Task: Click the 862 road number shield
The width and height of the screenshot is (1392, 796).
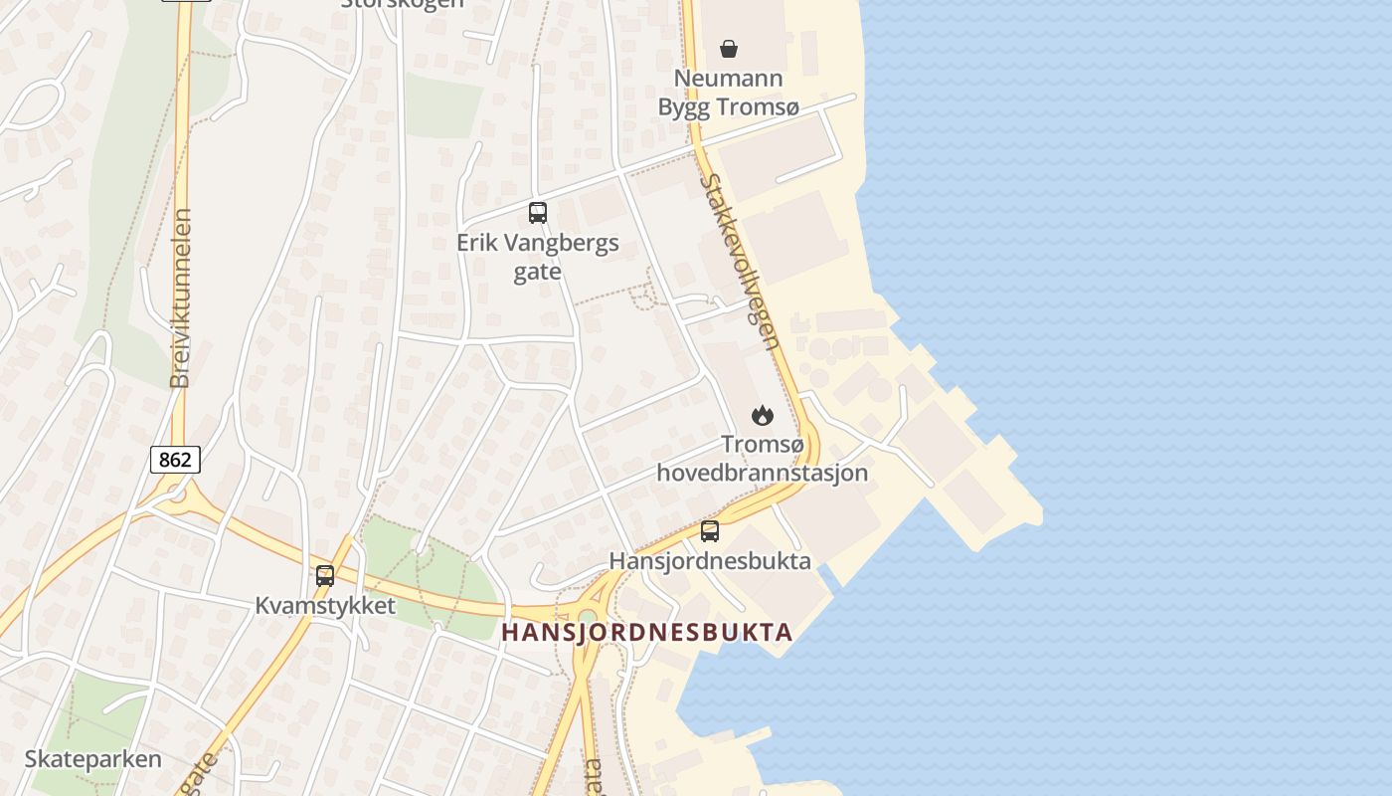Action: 176,460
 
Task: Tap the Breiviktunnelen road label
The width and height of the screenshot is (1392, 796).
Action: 180,298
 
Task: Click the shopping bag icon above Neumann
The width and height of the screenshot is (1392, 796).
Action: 729,48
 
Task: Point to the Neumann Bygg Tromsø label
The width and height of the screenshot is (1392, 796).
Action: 728,93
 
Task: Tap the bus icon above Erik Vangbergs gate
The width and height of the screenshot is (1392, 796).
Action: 538,212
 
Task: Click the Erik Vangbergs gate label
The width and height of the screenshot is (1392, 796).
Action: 538,257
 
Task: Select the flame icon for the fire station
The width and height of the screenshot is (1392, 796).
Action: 763,415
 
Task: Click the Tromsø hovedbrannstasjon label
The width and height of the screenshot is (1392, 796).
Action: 763,459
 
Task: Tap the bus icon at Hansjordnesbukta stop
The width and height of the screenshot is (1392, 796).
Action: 709,531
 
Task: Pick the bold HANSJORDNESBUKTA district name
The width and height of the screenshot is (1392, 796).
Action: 647,632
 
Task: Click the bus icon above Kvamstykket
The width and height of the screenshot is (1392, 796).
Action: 325,575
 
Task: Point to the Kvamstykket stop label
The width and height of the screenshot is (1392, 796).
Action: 325,605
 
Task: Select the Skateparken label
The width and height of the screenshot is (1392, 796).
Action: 92,759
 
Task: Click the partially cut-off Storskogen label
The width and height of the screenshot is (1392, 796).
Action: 402,4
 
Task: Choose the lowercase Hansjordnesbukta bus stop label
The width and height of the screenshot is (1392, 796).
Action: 710,560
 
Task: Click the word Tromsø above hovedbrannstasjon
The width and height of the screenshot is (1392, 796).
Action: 763,445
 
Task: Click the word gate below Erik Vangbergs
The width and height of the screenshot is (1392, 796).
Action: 538,272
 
